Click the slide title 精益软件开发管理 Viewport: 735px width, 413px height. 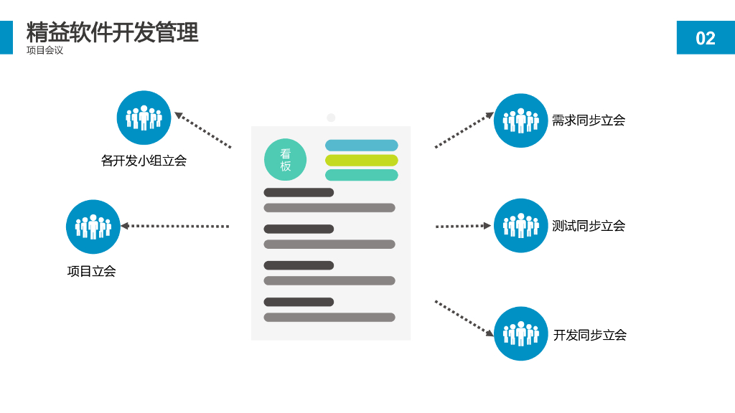coord(112,32)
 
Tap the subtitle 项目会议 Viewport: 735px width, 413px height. coord(45,51)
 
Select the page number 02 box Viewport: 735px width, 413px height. coord(705,37)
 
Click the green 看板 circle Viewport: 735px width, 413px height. coord(285,159)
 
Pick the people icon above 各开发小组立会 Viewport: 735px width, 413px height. coord(144,118)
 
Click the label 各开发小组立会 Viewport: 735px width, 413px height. coord(144,161)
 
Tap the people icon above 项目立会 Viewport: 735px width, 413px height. coord(93,227)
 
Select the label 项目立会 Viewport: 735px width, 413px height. coord(91,271)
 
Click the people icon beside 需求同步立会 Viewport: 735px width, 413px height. coord(520,120)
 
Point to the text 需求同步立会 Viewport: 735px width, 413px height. coord(589,120)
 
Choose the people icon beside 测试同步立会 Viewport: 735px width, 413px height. coord(520,226)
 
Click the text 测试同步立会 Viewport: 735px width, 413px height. coord(589,226)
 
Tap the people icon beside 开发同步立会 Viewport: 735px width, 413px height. coord(520,333)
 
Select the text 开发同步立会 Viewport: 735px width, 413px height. coord(589,335)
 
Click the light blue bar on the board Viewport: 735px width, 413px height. coord(361,146)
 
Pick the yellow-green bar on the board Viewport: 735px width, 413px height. coord(361,161)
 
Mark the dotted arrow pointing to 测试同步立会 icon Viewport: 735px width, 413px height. coord(463,226)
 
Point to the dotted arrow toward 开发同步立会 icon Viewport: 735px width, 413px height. coord(464,318)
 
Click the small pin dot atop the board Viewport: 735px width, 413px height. coord(331,118)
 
